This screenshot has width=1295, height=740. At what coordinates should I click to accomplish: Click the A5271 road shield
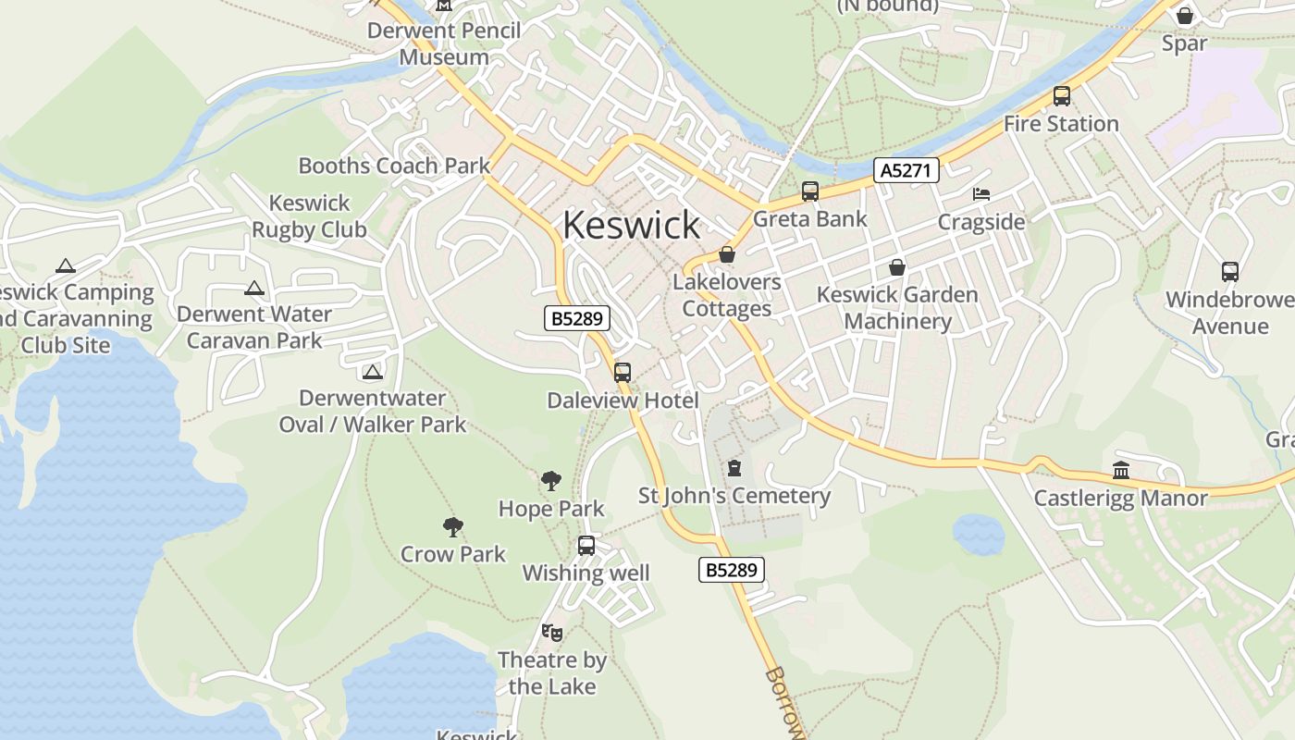coord(906,170)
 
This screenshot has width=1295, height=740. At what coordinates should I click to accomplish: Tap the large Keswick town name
coord(632,225)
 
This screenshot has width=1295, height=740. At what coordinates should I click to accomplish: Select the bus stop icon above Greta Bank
coord(810,191)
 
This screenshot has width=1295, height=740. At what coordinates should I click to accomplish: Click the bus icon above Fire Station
coord(1062,96)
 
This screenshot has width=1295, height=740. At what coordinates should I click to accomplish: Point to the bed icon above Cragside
coord(981,194)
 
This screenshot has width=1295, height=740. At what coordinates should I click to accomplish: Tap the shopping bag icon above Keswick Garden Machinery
coord(897,267)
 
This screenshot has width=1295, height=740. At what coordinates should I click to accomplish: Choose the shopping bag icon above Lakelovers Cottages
coord(727,254)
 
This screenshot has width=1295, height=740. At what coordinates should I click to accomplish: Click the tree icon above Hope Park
coord(551,481)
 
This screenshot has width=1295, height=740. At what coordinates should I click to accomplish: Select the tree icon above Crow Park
coord(453,527)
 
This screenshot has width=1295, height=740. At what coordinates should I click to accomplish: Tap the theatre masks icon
coord(552,633)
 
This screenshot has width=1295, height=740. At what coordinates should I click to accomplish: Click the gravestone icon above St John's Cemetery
coord(734,468)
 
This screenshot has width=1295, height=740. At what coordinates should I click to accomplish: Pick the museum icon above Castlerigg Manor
coord(1121,471)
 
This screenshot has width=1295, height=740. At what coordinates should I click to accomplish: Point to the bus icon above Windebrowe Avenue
coord(1230,272)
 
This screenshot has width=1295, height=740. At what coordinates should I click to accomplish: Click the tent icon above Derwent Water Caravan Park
coord(254,288)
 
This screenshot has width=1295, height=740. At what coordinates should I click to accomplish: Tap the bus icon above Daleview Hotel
coord(623,373)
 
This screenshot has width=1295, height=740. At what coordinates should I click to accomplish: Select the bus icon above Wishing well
coord(586,546)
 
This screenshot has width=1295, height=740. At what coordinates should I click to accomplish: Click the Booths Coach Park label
coord(394,166)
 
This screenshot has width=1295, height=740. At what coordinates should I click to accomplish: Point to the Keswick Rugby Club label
coord(309,216)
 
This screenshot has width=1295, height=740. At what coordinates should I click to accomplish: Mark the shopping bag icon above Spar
coord(1185,16)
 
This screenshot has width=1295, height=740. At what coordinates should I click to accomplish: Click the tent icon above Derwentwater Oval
coord(373,372)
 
